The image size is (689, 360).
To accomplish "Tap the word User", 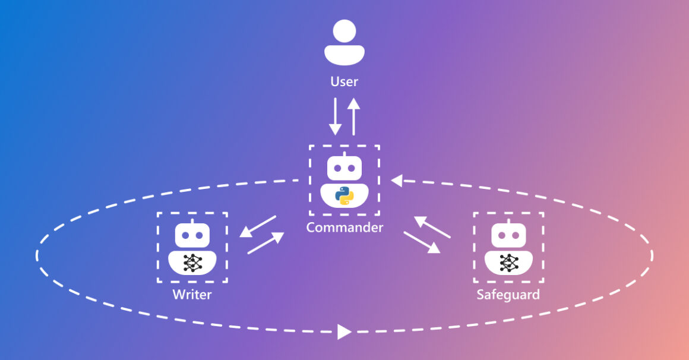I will tap(344, 81).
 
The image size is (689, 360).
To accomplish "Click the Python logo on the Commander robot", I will tap(344, 195).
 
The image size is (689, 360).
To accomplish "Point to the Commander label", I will tap(344, 228).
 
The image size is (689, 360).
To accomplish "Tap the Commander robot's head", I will tap(344, 169).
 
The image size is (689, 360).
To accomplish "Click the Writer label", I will tap(192, 294).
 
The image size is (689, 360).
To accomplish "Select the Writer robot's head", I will tap(192, 235).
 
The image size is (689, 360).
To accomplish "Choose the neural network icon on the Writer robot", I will tap(192, 262).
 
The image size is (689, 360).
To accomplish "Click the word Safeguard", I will tap(508, 294).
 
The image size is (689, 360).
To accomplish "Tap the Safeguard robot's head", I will tap(508, 235).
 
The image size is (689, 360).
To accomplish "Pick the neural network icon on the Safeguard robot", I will tap(508, 262).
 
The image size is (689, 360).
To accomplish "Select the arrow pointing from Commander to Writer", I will tap(258, 226).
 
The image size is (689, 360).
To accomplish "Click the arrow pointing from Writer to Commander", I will tap(266, 243).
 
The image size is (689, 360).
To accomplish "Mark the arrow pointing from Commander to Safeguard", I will tap(422, 242).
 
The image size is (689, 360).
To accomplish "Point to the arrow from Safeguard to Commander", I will tap(432, 227).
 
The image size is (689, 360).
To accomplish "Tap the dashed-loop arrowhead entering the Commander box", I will tap(397, 180).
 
